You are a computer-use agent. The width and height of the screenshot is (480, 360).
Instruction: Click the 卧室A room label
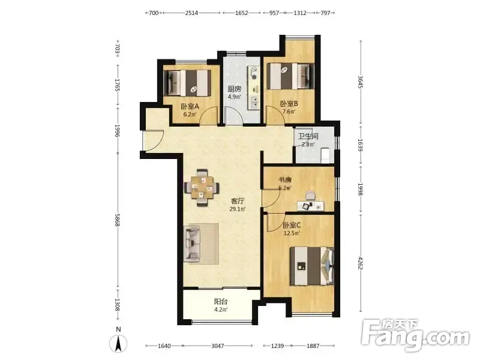point(190,107)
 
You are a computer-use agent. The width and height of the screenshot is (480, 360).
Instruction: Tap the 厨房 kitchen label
point(234,89)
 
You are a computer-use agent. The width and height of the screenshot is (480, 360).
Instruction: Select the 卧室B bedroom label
point(289,104)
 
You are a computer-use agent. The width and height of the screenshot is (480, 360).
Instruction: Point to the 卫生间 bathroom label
point(308,136)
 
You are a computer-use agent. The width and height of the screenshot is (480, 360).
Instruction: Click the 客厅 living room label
point(238,201)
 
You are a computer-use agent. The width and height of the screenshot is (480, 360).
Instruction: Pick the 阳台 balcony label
point(221,302)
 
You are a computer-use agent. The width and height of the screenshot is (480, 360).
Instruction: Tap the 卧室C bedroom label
point(292,226)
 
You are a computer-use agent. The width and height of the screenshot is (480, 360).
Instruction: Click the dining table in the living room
point(202,187)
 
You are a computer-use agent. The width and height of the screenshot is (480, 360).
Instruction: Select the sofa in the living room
point(192,244)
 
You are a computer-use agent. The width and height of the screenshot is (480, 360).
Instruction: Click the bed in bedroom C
point(312,266)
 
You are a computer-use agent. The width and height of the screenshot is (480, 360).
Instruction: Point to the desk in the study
point(310,206)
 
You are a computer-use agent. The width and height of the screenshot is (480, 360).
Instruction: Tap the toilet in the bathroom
point(325,155)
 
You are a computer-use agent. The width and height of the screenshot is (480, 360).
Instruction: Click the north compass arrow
point(118,343)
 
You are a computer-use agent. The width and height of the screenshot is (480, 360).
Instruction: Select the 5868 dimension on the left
point(117,220)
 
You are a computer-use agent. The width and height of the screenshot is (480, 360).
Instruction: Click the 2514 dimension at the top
point(191,13)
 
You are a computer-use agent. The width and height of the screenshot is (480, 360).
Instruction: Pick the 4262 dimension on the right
point(361,263)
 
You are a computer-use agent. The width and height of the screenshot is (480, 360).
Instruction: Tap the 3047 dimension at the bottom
point(218,346)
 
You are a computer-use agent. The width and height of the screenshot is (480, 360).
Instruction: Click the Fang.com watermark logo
point(415,335)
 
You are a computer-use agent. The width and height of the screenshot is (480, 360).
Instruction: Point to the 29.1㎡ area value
point(238,209)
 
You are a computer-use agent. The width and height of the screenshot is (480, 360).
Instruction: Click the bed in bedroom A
point(187,83)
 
